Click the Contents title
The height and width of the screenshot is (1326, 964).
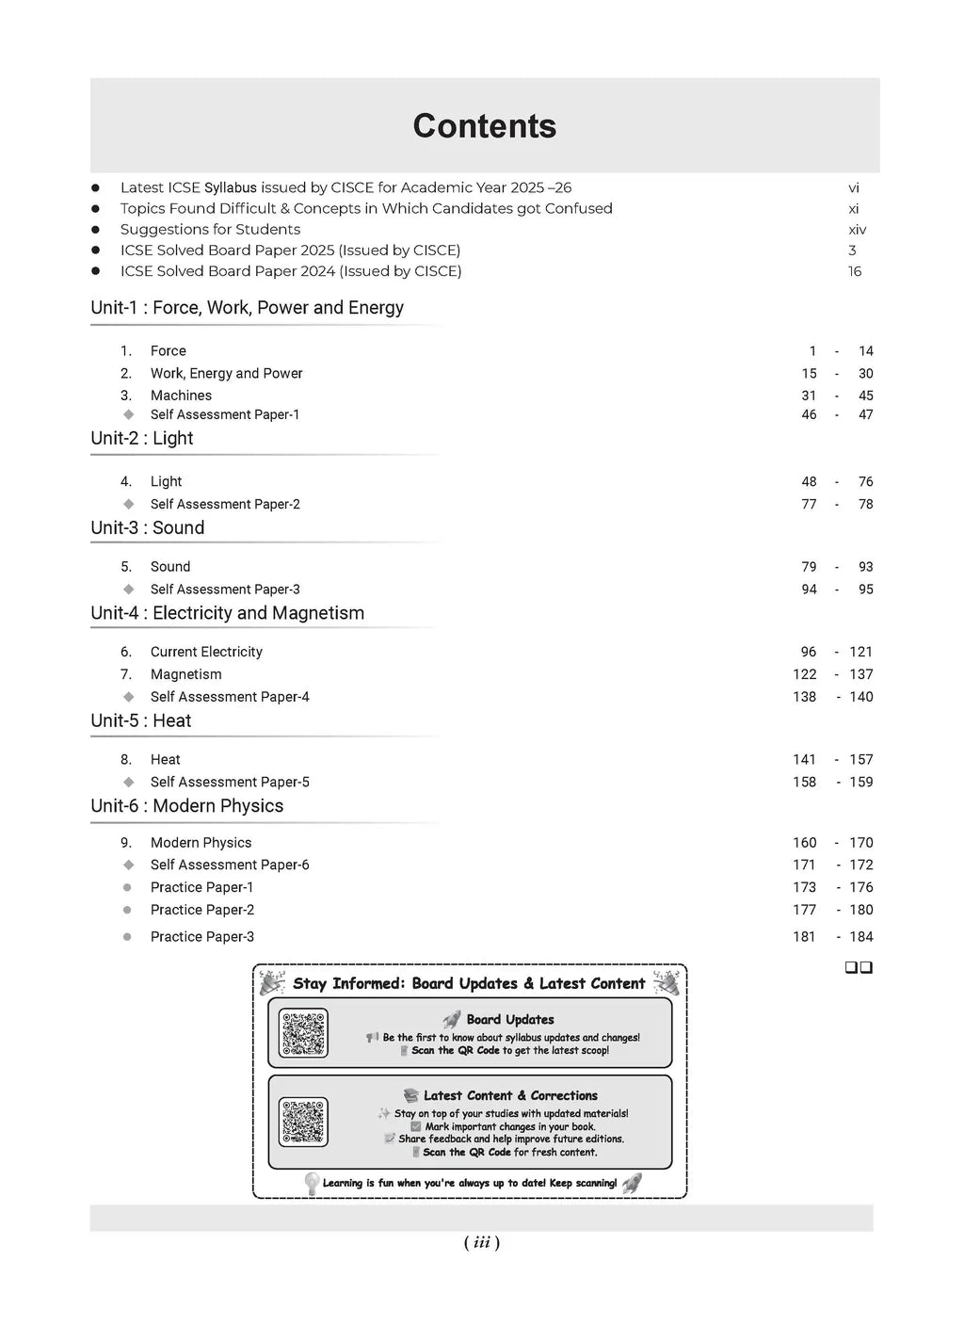tap(484, 126)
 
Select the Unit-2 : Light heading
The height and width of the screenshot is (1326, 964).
tap(142, 438)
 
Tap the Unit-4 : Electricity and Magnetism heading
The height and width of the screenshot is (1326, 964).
tap(227, 613)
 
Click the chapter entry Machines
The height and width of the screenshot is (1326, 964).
tap(181, 396)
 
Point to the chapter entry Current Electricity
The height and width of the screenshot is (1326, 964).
tap(206, 652)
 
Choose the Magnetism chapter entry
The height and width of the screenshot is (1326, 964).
tap(185, 674)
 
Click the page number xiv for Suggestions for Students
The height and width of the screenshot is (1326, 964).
tap(857, 230)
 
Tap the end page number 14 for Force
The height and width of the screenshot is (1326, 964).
tap(865, 351)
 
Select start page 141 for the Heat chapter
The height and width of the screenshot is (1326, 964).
tap(804, 759)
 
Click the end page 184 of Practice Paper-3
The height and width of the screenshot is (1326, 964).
tap(860, 937)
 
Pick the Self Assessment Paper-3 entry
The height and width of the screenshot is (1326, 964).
tap(225, 590)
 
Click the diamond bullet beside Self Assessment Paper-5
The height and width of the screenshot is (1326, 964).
tap(129, 782)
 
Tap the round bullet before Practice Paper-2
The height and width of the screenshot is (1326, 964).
tap(127, 910)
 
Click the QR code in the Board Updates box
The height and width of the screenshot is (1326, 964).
tap(303, 1033)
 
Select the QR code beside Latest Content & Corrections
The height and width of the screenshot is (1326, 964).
tap(303, 1122)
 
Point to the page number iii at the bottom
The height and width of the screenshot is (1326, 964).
tap(482, 1243)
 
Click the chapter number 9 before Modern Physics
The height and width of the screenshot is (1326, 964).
tap(126, 843)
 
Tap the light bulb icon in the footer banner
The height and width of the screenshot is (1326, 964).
tap(312, 1183)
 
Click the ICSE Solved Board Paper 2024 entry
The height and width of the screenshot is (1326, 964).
tap(291, 271)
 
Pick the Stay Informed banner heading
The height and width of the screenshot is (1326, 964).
tap(469, 983)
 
